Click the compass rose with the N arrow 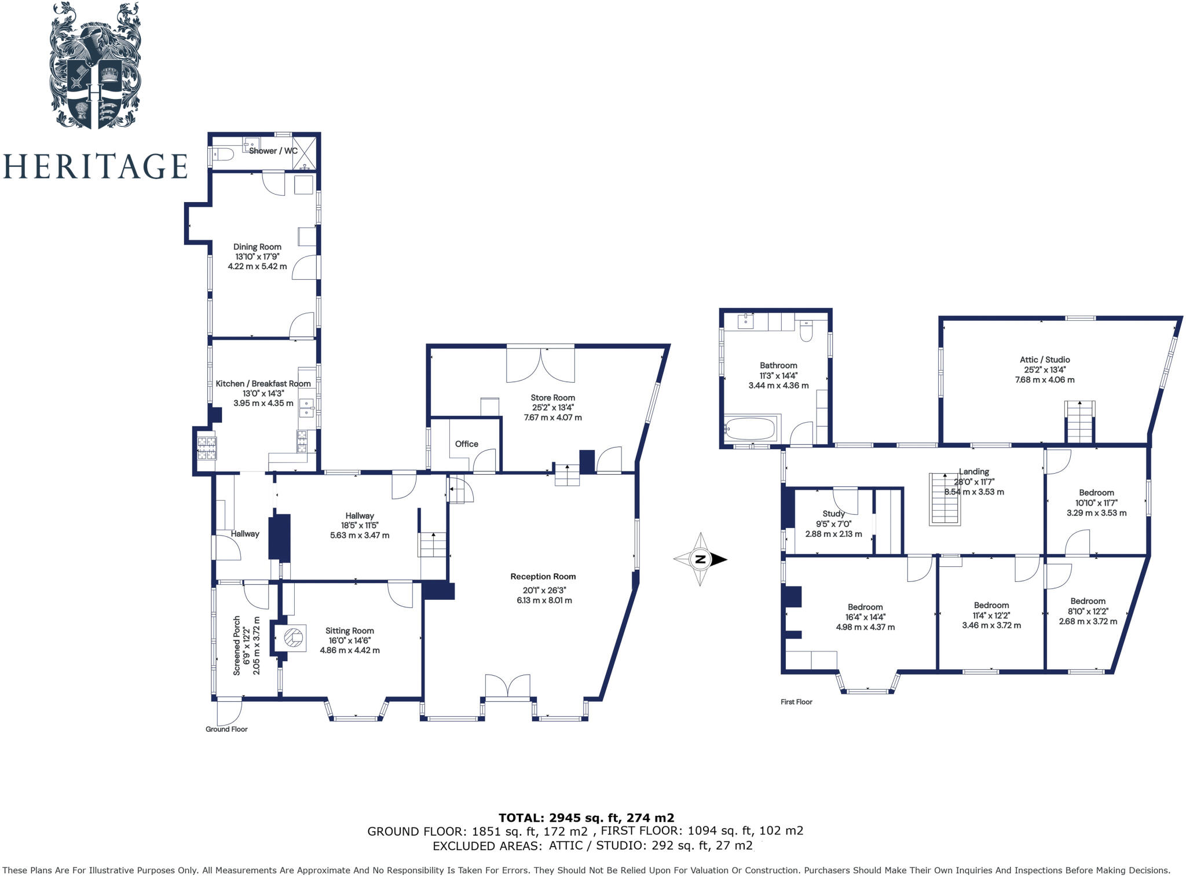pos(700,559)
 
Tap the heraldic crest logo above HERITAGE pos(94,65)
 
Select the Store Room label pos(552,398)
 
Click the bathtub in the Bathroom pos(750,430)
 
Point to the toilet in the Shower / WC pos(222,155)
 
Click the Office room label pos(466,444)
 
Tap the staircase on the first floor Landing pos(945,499)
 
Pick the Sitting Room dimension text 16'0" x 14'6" pos(350,640)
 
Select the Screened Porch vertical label pos(237,645)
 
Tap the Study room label pos(833,514)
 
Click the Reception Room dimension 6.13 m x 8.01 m pos(544,600)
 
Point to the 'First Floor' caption pos(796,702)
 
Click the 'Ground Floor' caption pos(226,729)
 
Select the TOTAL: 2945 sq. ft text pos(586,818)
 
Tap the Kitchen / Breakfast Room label pos(263,383)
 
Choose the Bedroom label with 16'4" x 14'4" pos(865,607)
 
